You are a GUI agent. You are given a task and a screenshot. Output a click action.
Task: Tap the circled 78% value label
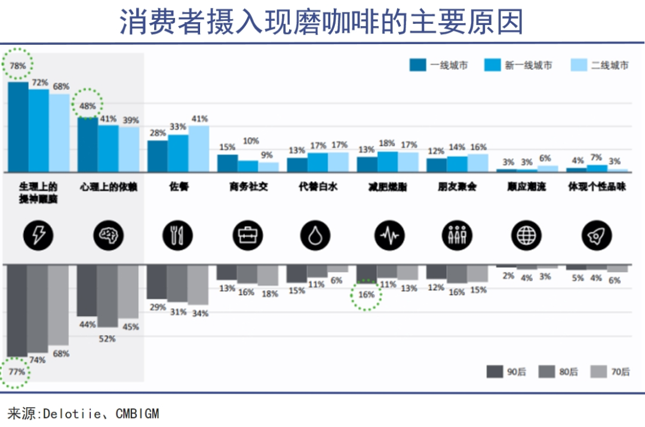pos(18,66)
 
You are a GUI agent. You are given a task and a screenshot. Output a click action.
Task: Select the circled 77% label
pos(17,372)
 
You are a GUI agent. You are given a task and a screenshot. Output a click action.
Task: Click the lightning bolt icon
pos(38,236)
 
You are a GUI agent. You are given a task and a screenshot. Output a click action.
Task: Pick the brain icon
pos(108,236)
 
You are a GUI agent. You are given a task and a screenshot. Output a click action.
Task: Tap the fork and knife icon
pos(178,236)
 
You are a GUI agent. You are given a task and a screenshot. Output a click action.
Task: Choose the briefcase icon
pos(248,236)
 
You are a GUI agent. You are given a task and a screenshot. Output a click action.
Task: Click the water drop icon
pos(318,236)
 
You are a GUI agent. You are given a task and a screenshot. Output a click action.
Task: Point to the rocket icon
pos(597,236)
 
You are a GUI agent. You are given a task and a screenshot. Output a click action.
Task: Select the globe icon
pos(527,236)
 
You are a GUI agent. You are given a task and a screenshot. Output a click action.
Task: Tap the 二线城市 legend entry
pos(600,66)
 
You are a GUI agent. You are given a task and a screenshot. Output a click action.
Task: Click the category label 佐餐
pos(178,187)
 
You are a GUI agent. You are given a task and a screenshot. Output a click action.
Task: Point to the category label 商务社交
pos(248,187)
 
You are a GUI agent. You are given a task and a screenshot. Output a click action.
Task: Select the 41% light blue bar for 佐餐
pos(199,148)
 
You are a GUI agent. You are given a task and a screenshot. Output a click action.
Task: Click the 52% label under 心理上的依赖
pos(107,339)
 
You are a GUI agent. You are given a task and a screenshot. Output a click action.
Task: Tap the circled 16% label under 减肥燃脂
pos(366,295)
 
